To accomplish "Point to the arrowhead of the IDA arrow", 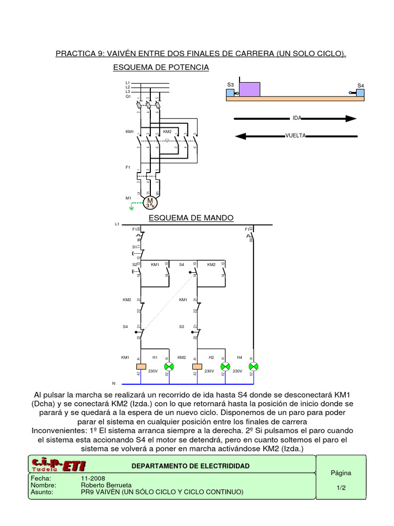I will pyautogui.click(x=350, y=118).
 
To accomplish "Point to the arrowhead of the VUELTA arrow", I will pyautogui.click(x=240, y=136).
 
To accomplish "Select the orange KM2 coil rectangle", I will pyautogui.click(x=196, y=366).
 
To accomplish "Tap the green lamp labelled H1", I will pyautogui.click(x=168, y=366).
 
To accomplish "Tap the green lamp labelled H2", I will pyautogui.click(x=225, y=366).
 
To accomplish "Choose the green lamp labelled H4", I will pyautogui.click(x=252, y=366).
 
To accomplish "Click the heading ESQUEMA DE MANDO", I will pyautogui.click(x=191, y=218).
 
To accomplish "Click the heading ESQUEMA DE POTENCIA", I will pyautogui.click(x=161, y=67).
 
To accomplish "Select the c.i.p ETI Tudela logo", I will pyautogui.click(x=58, y=465).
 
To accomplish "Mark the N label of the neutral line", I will pyautogui.click(x=114, y=383).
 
